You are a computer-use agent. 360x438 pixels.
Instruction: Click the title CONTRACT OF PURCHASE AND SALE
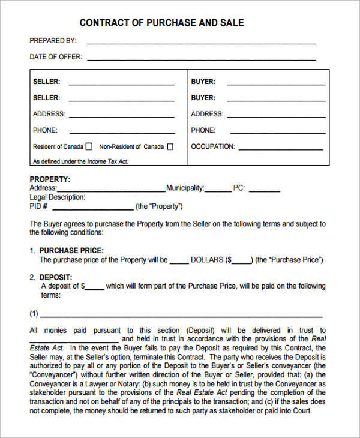point(161,23)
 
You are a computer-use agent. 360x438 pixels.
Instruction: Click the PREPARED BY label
point(53,41)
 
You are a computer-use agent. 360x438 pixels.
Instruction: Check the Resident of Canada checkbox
point(89,146)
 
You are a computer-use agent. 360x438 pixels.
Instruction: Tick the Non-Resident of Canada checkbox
point(170,146)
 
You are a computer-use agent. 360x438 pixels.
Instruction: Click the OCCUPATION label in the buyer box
point(213,146)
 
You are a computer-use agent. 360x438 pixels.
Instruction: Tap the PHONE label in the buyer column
point(203,130)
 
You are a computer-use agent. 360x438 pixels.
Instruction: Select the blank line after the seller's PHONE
point(121,133)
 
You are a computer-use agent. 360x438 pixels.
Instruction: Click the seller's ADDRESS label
point(49,114)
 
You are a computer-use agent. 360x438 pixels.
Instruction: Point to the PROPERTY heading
point(50,179)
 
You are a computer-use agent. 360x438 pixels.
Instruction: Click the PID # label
point(38,206)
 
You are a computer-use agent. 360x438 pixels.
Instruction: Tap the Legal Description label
point(57,197)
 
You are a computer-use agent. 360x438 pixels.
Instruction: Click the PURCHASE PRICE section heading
point(71,250)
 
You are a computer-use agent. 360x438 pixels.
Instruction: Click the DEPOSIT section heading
point(55,277)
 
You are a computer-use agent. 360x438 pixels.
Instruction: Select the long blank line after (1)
point(182,316)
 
